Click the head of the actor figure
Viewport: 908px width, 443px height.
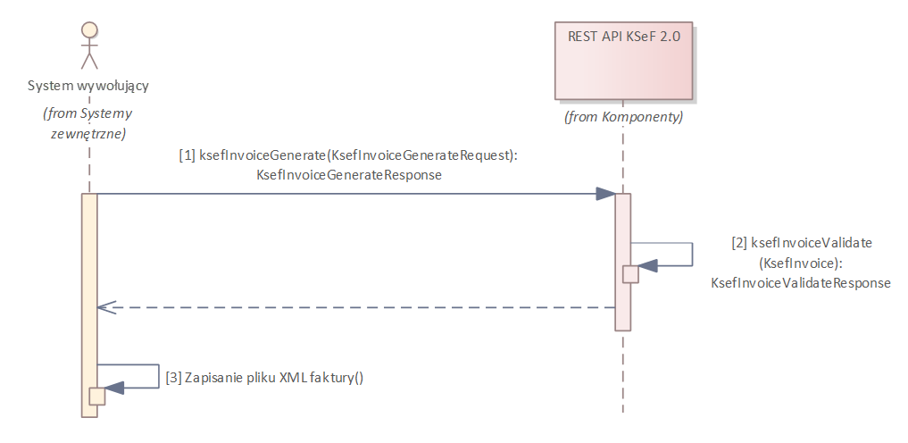[x=88, y=29]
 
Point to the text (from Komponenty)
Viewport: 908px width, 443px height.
[x=623, y=117]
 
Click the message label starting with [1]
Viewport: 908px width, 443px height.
[x=348, y=155]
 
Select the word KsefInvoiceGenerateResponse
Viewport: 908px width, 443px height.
[x=348, y=176]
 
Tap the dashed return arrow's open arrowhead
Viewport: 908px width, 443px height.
[x=104, y=307]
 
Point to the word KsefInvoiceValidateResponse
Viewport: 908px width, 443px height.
[x=801, y=282]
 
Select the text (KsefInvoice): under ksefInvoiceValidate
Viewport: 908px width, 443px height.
[x=801, y=263]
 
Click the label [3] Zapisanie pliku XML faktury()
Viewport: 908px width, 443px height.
[x=264, y=377]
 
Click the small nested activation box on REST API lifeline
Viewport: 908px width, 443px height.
[x=630, y=274]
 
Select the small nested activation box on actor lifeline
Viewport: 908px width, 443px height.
[x=96, y=396]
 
